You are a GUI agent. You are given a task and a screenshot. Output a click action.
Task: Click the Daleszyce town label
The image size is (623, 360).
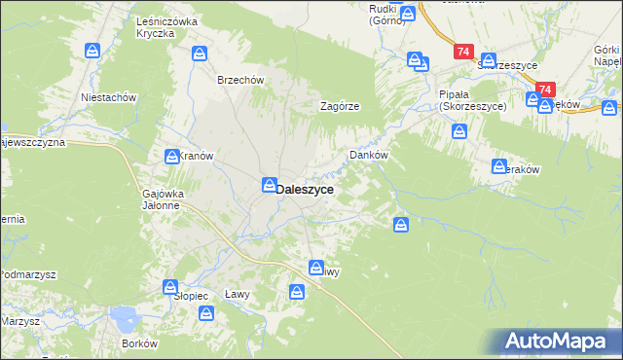(306, 191)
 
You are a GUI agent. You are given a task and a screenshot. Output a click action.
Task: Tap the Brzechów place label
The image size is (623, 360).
(240, 81)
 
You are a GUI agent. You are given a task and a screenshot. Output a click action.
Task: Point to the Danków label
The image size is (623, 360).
(369, 155)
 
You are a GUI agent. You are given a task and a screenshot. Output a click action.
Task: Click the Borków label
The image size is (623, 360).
(139, 344)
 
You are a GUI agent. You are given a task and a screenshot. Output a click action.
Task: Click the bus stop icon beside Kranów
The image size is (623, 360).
(171, 156)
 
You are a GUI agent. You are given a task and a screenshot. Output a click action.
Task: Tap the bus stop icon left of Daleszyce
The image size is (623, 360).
(267, 184)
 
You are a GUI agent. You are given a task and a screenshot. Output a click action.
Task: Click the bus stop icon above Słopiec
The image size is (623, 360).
(171, 288)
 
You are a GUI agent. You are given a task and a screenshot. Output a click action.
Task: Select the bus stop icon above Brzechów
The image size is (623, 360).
(200, 54)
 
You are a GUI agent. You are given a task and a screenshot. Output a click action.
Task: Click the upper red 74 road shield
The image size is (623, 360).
(461, 50)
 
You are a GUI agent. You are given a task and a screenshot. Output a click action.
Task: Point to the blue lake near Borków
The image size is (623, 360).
(125, 316)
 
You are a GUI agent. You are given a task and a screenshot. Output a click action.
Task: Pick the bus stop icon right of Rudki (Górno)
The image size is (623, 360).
(411, 15)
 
